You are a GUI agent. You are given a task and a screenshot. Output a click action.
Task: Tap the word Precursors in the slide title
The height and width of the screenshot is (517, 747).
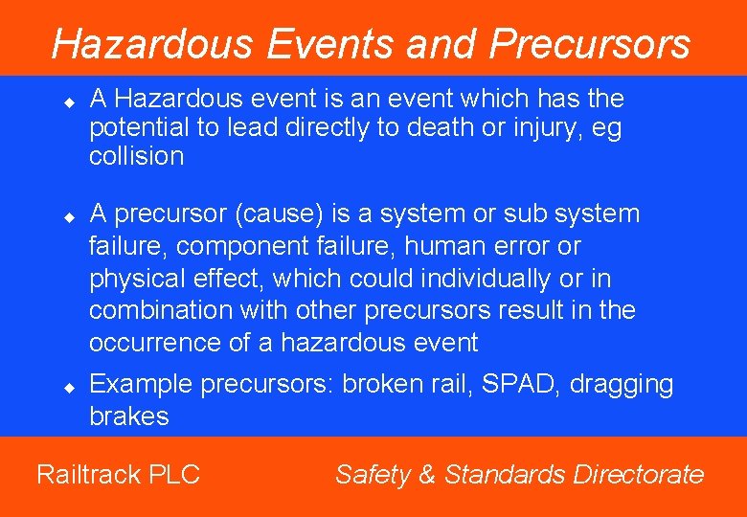point(589,44)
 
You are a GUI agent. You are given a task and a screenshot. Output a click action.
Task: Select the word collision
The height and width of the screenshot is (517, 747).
point(136,156)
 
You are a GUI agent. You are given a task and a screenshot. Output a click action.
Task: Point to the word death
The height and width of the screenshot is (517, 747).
point(442,127)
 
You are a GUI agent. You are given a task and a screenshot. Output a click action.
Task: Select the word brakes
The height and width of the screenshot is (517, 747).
point(128,416)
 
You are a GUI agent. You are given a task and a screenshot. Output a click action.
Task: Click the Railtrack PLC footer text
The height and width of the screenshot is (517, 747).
point(118,474)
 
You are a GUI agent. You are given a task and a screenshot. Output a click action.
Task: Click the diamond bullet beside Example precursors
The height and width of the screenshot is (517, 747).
point(69,387)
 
